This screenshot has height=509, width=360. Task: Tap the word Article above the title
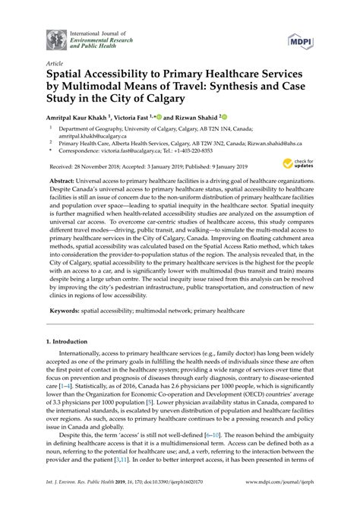pyautogui.click(x=54, y=65)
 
